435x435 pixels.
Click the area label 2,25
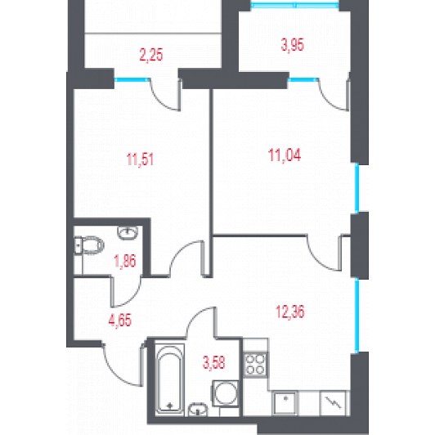tap(151, 55)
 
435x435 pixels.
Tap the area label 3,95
tap(293, 45)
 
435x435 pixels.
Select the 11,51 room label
tap(140, 159)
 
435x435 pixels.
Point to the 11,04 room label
tap(285, 155)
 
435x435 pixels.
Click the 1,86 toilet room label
tap(125, 261)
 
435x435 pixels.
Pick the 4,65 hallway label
tap(120, 321)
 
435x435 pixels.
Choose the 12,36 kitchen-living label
tap(290, 312)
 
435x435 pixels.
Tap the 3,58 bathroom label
tap(214, 362)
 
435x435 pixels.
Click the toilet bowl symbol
tap(89, 245)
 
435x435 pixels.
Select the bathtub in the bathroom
tap(169, 379)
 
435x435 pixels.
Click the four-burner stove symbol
tap(255, 365)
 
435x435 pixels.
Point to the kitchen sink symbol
tap(285, 403)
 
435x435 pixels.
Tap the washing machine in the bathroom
tap(226, 393)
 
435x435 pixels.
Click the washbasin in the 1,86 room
tap(128, 232)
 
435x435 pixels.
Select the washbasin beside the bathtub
tap(198, 410)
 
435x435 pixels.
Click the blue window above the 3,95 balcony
tap(295, 5)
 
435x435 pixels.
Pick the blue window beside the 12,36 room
tap(357, 316)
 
